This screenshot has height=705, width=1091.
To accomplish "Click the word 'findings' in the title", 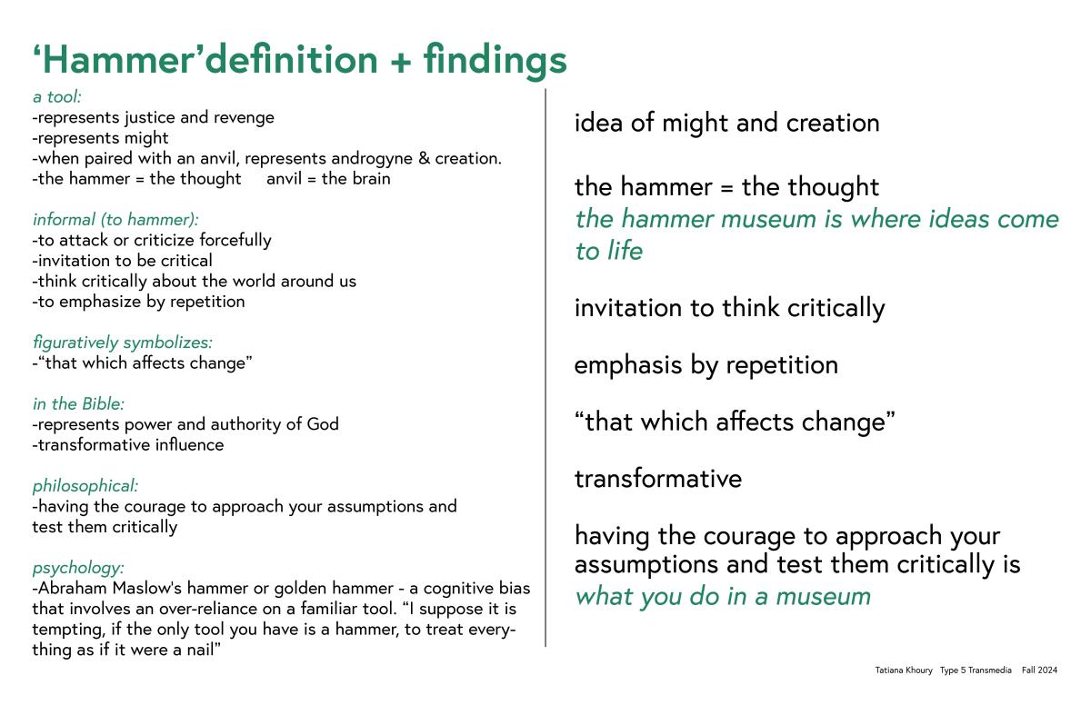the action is tap(495, 60).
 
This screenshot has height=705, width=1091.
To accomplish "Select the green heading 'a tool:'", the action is tap(57, 97).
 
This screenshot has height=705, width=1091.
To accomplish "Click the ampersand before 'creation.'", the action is tap(424, 158).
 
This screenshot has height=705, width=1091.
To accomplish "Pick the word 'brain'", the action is tap(373, 179).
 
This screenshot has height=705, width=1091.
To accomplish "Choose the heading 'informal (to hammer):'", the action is tap(116, 220).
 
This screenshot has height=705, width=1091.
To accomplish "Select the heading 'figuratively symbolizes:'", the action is tap(123, 343).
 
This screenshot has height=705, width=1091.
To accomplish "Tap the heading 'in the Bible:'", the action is tap(78, 403).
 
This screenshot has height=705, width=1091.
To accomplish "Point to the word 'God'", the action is tap(323, 424).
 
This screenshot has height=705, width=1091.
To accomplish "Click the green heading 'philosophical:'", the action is tap(85, 486).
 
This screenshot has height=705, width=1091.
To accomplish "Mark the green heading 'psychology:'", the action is tap(78, 568).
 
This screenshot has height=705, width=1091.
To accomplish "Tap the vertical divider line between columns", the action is tap(545, 368).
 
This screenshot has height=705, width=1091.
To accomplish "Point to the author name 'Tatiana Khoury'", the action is tap(904, 670).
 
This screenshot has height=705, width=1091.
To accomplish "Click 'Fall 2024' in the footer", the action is tap(1039, 670).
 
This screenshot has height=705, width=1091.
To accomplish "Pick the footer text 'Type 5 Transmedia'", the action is tap(976, 670).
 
